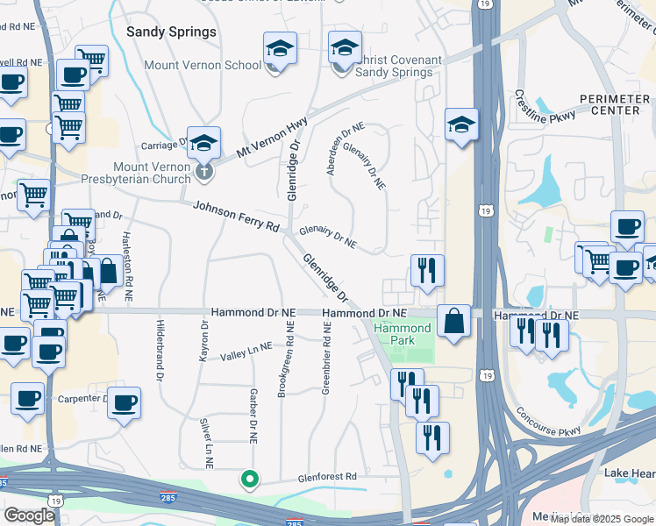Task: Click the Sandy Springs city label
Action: [171, 32]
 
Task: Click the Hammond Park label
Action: [403, 334]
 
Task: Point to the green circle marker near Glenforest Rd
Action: [250, 480]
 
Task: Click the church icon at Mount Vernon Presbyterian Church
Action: [204, 171]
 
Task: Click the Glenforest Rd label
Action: [322, 476]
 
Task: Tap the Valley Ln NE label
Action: [246, 352]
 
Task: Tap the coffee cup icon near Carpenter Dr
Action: [125, 402]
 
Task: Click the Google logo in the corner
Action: [28, 515]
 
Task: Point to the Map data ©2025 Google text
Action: [603, 519]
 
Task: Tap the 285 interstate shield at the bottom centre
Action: [295, 522]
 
